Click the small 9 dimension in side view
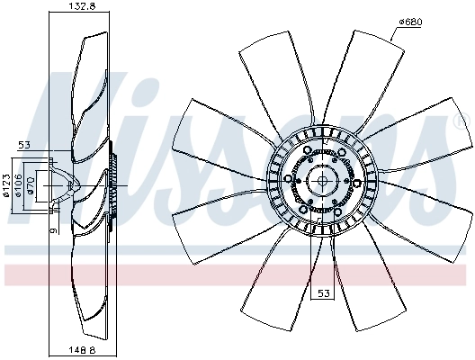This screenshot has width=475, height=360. (51, 230)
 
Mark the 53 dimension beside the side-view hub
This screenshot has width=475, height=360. (24, 145)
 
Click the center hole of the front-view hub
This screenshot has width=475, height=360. (322, 180)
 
